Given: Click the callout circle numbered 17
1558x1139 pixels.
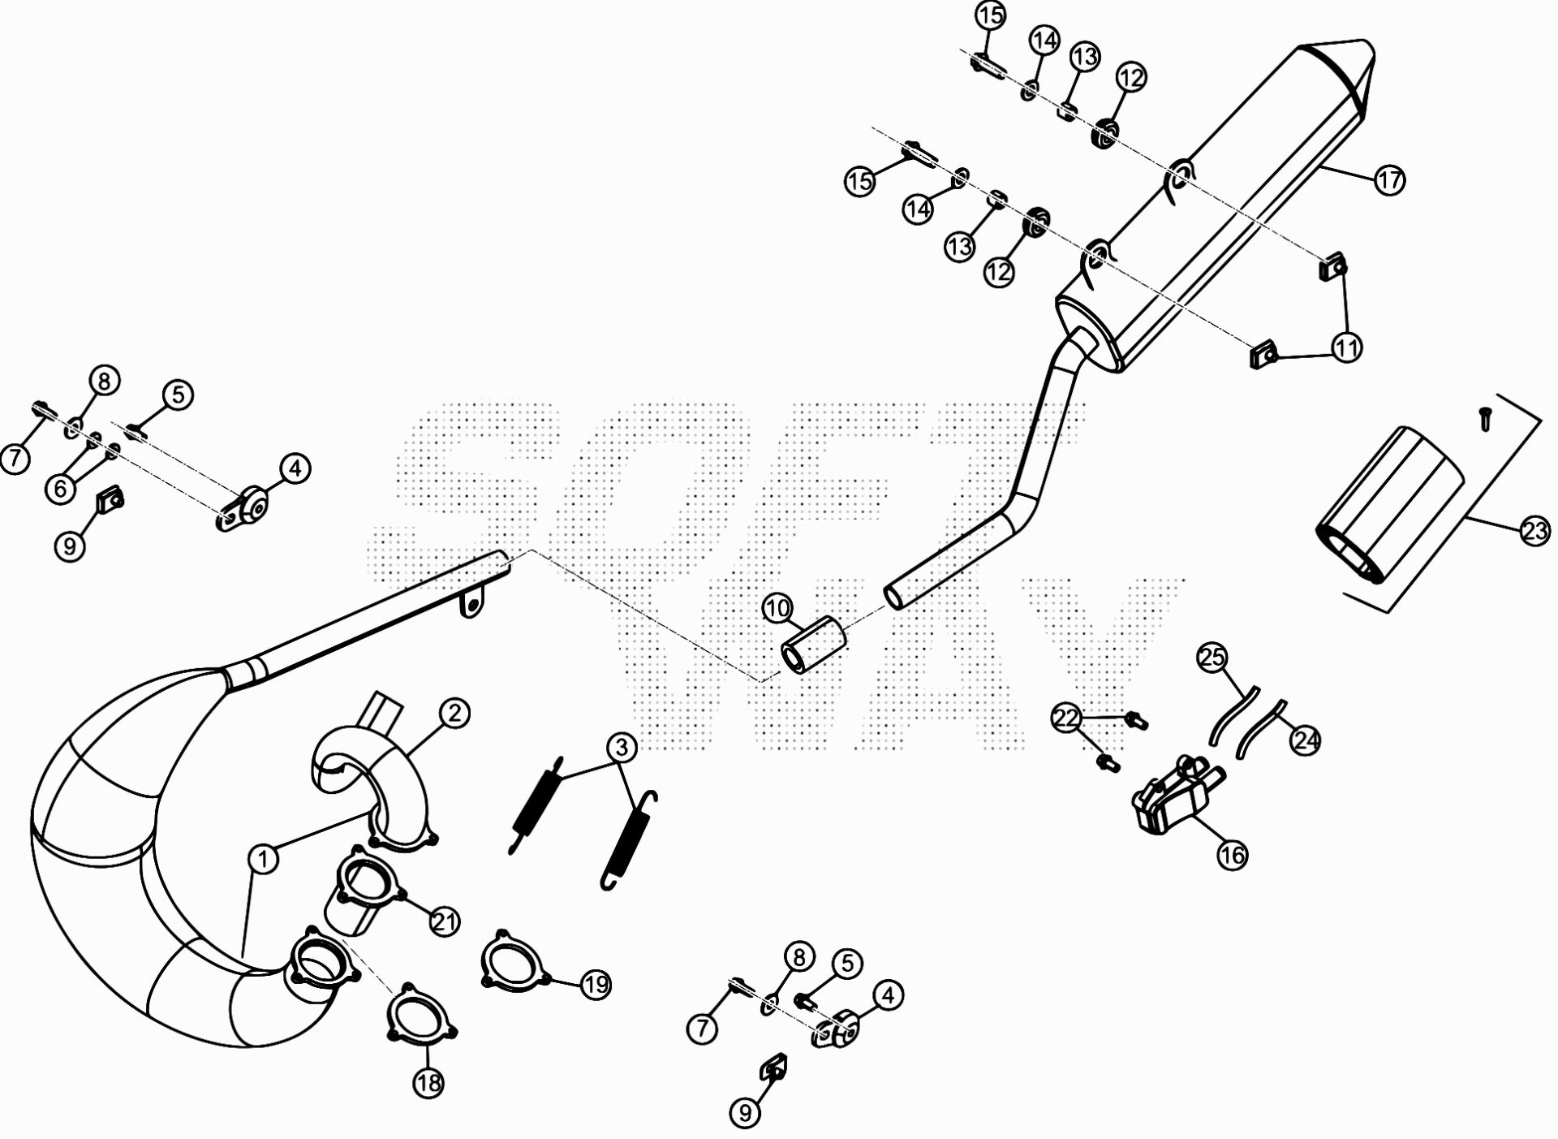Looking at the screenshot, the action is click(1390, 179).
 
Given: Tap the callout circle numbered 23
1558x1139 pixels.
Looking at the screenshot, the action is click(1534, 532).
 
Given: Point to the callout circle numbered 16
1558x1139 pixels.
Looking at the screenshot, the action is click(1232, 855).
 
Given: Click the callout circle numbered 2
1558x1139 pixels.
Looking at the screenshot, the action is click(454, 714).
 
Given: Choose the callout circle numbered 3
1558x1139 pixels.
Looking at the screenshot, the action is click(621, 746).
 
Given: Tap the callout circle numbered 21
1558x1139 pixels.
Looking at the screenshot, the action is click(445, 921).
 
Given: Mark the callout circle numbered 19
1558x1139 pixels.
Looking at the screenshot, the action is click(596, 985).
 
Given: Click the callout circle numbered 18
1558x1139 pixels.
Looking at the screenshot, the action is click(428, 1082).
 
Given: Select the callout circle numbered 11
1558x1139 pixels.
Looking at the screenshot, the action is click(1347, 348).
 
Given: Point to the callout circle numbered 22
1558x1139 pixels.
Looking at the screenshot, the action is click(1068, 718).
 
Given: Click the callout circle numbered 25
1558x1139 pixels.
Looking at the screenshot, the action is click(1213, 658).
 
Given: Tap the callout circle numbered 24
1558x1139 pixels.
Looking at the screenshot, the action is click(1306, 740).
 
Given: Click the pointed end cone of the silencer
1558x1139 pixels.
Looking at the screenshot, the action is click(1336, 67).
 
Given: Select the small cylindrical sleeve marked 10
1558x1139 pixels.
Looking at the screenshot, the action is click(813, 644).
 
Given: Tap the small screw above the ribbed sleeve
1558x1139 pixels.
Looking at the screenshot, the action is click(1484, 419).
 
